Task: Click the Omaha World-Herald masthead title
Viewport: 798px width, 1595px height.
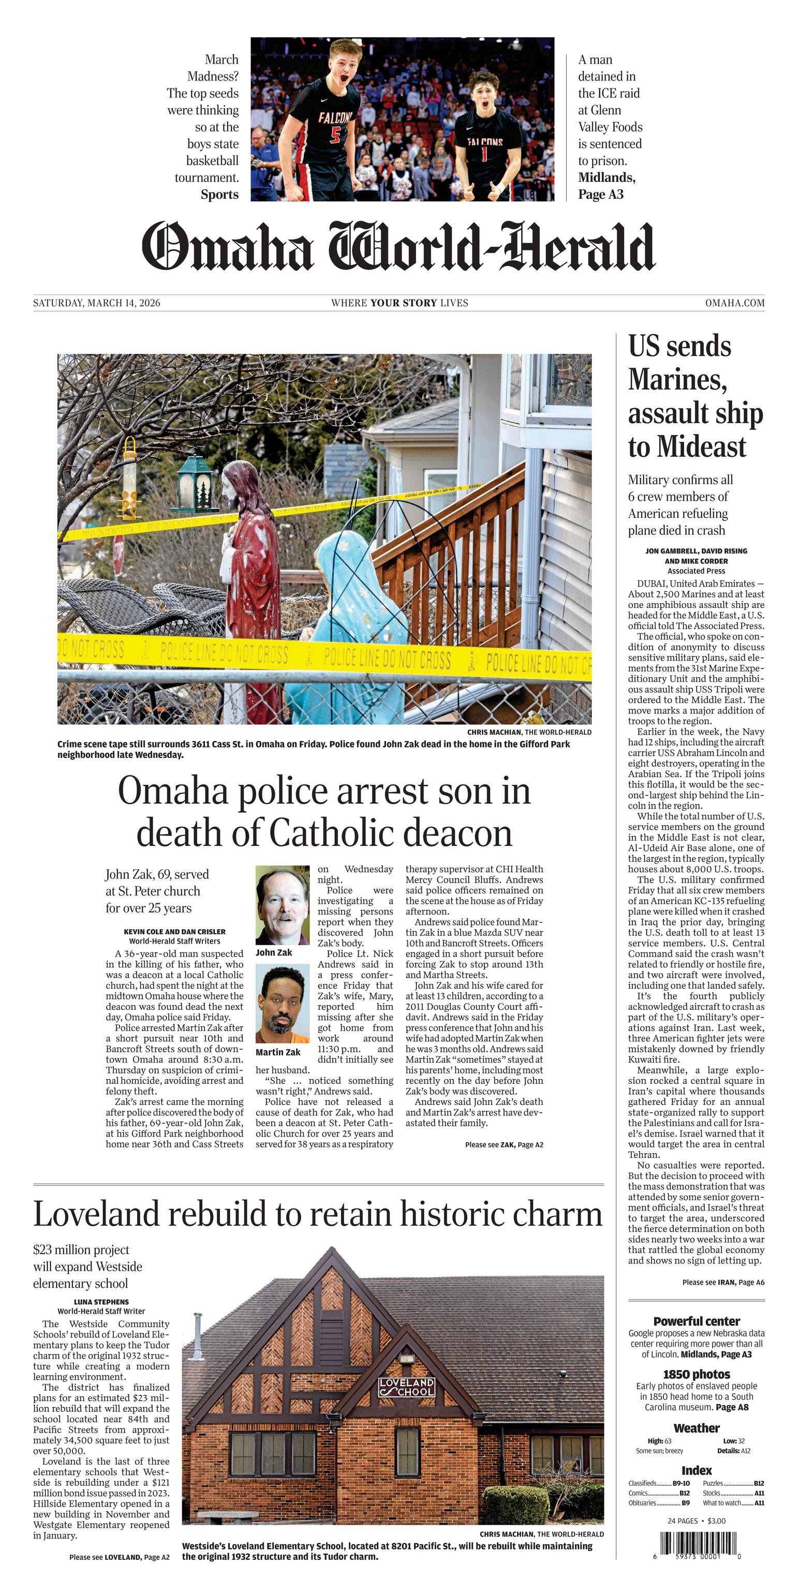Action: point(398,246)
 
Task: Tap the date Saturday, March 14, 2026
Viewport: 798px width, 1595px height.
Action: point(97,303)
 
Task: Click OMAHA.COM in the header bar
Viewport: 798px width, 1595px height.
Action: point(734,303)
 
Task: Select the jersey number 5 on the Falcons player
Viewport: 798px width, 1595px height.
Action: point(335,135)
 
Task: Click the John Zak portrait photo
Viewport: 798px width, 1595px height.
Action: point(283,905)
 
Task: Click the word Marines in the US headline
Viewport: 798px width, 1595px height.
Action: point(677,380)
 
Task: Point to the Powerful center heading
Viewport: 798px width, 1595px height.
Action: point(697,1321)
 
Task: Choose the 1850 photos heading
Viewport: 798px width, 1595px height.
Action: point(697,1374)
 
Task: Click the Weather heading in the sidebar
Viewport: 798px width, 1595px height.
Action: point(697,1428)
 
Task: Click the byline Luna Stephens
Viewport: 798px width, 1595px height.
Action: point(101,1302)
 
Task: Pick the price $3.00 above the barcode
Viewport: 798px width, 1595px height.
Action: point(716,1521)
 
